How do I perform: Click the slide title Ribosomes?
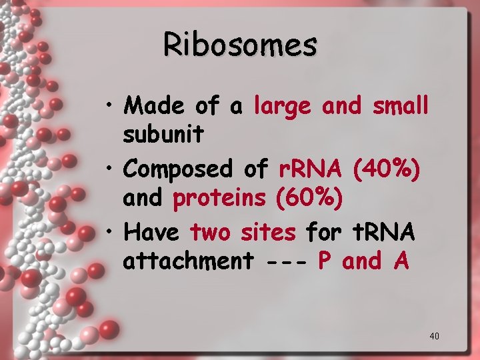(240, 46)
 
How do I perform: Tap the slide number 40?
(434, 336)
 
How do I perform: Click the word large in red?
(283, 106)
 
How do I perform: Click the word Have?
(151, 233)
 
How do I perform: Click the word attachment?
(188, 262)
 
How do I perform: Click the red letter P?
(325, 261)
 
